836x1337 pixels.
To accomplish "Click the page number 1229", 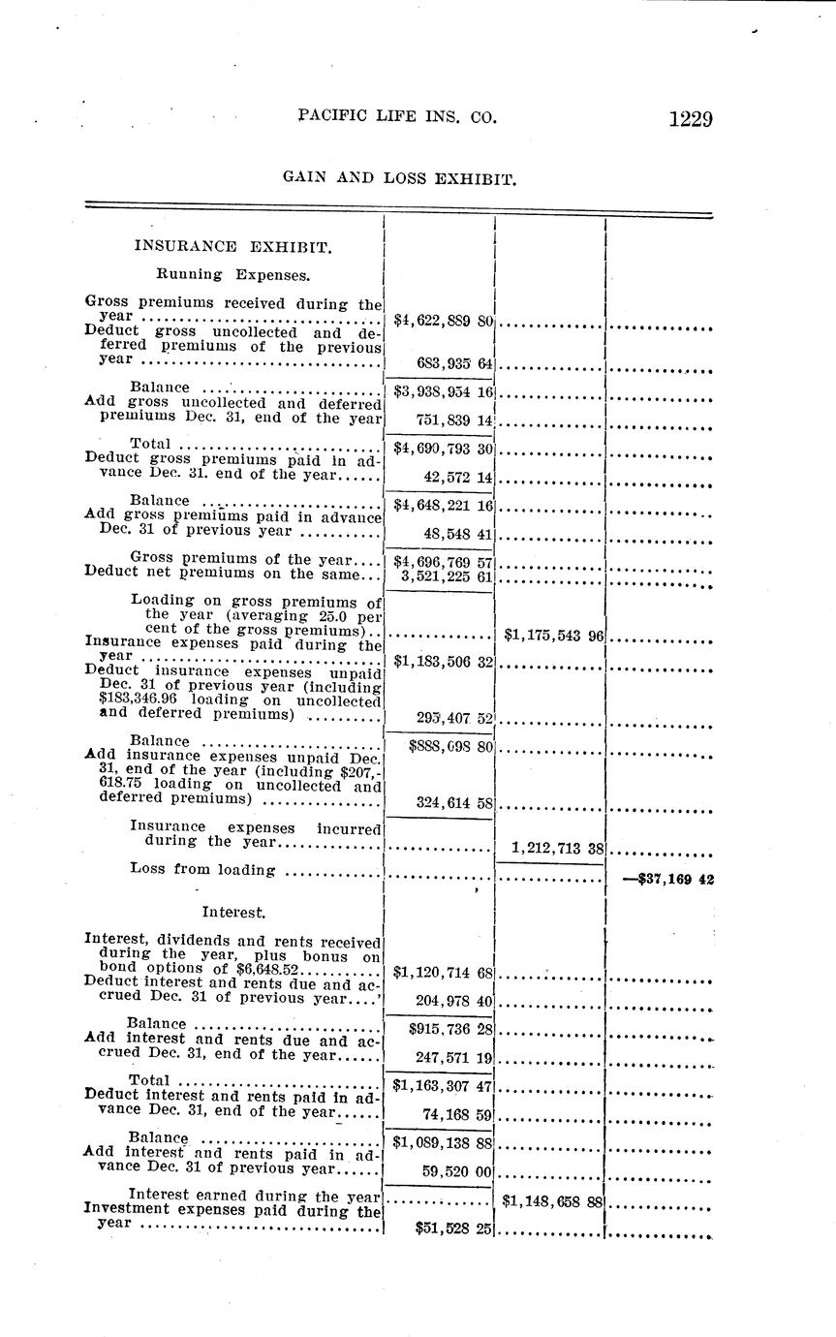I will pyautogui.click(x=690, y=119).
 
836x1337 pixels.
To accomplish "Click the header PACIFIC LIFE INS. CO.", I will pyautogui.click(x=397, y=117).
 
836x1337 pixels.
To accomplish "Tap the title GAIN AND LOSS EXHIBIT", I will pyautogui.click(x=398, y=178).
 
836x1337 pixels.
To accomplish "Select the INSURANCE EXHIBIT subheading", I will pyautogui.click(x=232, y=246).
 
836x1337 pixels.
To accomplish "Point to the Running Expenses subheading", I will pyautogui.click(x=233, y=275).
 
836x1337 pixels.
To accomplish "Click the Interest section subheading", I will pyautogui.click(x=233, y=912).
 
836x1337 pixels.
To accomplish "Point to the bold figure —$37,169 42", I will pyautogui.click(x=667, y=881).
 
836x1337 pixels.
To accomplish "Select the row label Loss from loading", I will pyautogui.click(x=202, y=870).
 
